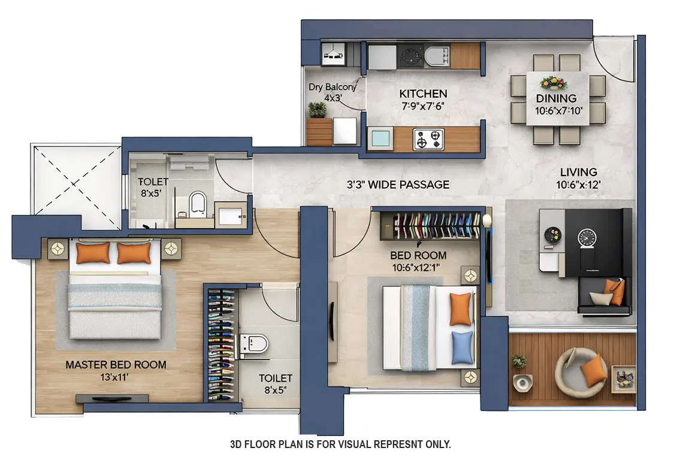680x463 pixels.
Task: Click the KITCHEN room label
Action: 423,93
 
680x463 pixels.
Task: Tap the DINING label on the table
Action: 556,98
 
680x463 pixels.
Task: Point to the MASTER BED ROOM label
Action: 116,365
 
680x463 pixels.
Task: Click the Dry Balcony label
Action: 331,87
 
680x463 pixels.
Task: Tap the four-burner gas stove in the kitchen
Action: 428,140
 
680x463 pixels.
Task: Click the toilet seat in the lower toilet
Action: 255,343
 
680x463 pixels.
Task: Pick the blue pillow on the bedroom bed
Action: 462,347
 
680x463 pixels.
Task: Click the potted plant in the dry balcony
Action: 318,110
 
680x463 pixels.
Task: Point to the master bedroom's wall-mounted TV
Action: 112,398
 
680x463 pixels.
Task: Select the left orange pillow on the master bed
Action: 93,253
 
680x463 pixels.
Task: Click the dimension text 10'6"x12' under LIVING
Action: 578,186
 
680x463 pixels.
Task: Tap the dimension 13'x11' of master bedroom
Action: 116,377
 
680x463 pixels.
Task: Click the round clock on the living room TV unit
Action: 585,238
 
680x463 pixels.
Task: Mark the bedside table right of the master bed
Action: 171,248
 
